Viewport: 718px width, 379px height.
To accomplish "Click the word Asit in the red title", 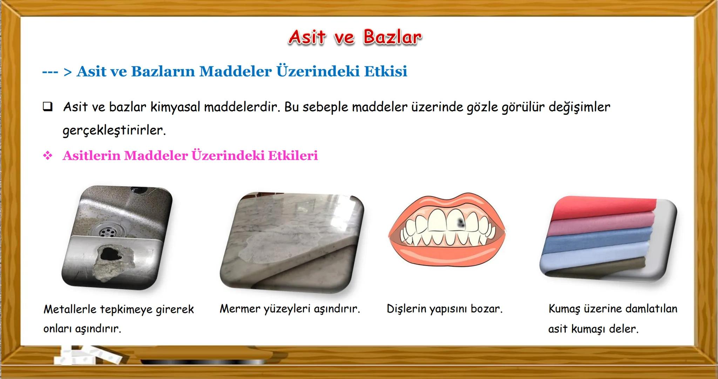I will [307, 37].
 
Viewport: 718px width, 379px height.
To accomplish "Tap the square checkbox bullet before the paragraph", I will [48, 106].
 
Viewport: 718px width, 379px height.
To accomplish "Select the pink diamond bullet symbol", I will [48, 155].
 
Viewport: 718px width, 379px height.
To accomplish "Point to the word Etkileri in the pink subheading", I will [293, 155].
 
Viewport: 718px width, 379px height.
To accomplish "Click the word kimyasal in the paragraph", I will [176, 107].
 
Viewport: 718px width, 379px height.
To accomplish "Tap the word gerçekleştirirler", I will [114, 130].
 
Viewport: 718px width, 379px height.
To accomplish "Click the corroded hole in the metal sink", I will [111, 253].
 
